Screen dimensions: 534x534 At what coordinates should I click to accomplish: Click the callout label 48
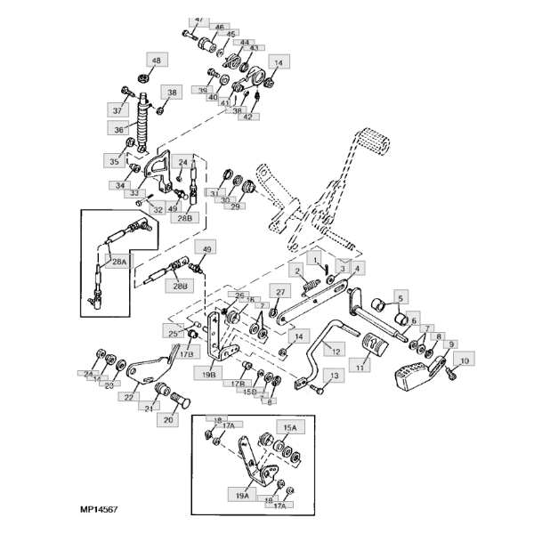coord(156,61)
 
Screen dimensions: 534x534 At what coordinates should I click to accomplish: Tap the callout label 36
coord(119,129)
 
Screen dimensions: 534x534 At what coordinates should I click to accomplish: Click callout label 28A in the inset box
coord(117,261)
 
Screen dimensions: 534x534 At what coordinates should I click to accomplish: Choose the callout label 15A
coord(290,427)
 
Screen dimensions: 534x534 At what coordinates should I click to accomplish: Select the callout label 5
coord(400,298)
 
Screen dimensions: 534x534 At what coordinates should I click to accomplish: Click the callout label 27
coord(280,292)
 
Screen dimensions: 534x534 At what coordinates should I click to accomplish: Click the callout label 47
coord(198,19)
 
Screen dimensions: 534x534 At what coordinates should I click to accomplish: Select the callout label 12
coord(335,352)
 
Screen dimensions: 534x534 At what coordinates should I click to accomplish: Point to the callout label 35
coord(114,162)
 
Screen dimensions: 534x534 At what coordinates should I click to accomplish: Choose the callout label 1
coord(314,257)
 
